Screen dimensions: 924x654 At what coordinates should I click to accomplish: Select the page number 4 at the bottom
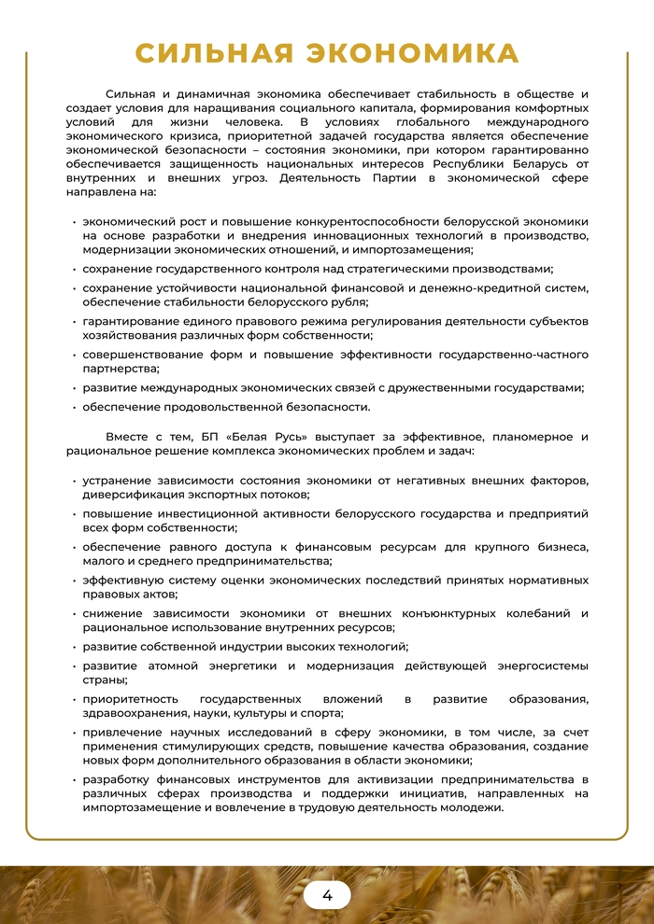pos(327,895)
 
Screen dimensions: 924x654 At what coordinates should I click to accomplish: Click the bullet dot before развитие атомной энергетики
pos(74,666)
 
